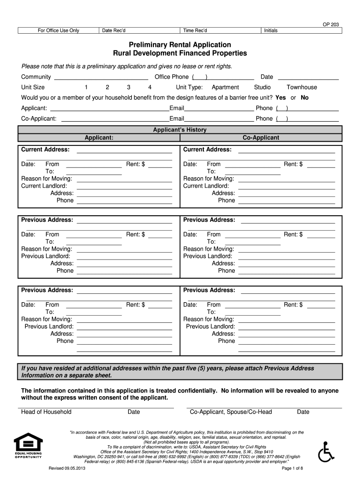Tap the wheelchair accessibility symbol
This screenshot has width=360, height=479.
click(x=325, y=452)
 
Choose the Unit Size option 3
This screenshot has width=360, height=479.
click(x=128, y=87)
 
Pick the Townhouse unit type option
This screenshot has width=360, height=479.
click(x=302, y=87)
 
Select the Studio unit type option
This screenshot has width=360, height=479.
click(x=262, y=87)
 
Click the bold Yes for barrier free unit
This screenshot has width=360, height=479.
click(x=281, y=98)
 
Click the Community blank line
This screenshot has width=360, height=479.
click(x=101, y=77)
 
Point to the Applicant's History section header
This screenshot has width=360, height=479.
click(x=180, y=130)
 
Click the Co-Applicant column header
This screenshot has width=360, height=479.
click(x=261, y=138)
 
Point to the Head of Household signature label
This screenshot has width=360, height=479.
click(x=46, y=412)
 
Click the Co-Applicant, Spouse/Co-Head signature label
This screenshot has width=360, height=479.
click(x=230, y=412)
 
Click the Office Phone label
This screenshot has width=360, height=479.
click(x=172, y=77)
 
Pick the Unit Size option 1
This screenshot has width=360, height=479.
click(x=86, y=87)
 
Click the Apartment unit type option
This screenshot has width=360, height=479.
click(x=225, y=87)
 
